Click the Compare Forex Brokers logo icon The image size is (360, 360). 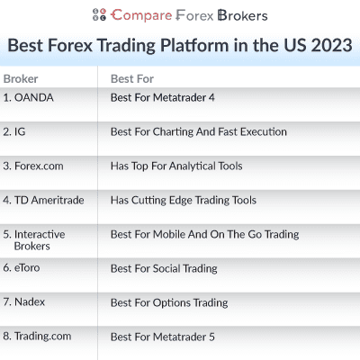pos(100,15)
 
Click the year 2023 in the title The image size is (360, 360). pos(329,45)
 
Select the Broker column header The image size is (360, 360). pos(21,78)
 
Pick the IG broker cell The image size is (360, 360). pos(15,131)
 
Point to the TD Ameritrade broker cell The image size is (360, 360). pos(43,200)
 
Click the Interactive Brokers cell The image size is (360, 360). pos(34,239)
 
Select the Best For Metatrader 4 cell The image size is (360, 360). pos(167,97)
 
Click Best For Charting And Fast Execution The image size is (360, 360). pos(198,131)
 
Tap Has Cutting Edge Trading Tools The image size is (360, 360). pos(183,200)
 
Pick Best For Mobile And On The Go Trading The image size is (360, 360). pos(204,234)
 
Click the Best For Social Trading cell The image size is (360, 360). pos(164,268)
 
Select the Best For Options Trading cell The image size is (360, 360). pos(168,302)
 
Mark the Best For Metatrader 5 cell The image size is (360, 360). pos(167,337)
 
